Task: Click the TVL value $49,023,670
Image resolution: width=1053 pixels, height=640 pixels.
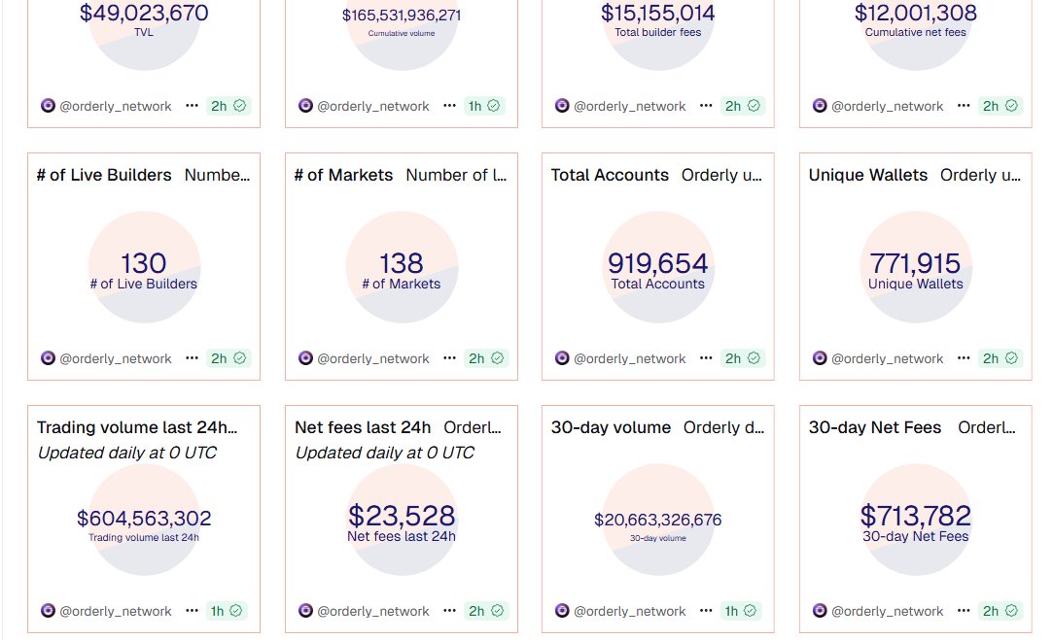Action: pos(144,14)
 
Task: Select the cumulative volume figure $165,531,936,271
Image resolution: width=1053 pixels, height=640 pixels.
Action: pos(402,16)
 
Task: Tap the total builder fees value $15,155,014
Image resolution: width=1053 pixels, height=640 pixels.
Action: pos(658,14)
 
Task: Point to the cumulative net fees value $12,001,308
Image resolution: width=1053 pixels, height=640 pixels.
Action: pos(915,14)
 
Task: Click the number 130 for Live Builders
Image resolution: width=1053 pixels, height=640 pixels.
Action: pos(144,263)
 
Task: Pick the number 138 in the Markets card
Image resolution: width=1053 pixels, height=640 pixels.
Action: pos(402,263)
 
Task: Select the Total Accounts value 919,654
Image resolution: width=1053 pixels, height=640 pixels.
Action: pos(658,263)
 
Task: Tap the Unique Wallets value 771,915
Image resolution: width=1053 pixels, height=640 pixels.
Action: pos(915,263)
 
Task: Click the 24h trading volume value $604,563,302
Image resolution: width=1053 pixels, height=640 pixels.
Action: pos(144,519)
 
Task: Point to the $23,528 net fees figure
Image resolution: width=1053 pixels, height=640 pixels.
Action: pos(402,516)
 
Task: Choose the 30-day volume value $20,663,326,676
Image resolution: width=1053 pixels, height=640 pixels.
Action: pos(658,520)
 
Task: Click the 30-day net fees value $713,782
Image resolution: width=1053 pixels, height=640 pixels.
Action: pos(915,516)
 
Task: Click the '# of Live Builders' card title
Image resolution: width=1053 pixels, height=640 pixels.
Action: pos(104,175)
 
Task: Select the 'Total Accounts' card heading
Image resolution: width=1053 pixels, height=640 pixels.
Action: pos(610,175)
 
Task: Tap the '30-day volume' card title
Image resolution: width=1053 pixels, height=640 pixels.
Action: pos(611,427)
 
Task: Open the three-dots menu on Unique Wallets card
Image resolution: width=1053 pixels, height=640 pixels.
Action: pos(964,358)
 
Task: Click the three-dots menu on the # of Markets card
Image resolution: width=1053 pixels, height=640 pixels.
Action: pos(449,358)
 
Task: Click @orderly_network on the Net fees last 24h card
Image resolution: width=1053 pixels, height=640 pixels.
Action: pos(373,611)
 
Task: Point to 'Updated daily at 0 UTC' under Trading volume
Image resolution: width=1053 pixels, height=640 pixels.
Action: pos(126,453)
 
